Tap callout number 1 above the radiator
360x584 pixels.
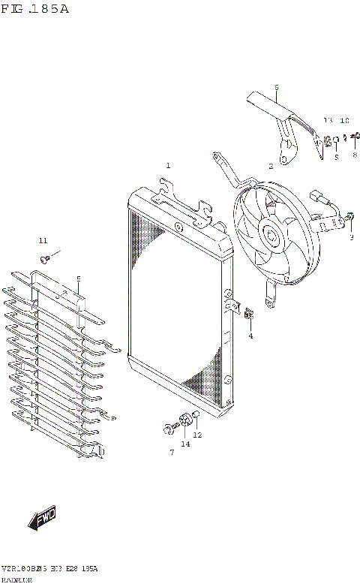click(168, 165)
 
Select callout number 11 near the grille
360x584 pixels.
click(43, 240)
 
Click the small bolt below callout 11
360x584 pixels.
click(46, 258)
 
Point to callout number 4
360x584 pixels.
click(250, 336)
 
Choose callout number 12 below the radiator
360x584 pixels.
click(197, 435)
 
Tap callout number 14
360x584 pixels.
click(184, 444)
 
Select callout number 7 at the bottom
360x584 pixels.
click(171, 452)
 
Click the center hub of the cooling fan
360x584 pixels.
click(272, 237)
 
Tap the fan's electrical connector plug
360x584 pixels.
click(323, 200)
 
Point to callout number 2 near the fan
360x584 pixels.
click(271, 166)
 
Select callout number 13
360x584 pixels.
click(327, 121)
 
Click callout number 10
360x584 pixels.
click(344, 121)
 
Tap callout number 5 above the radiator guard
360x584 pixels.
click(78, 279)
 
